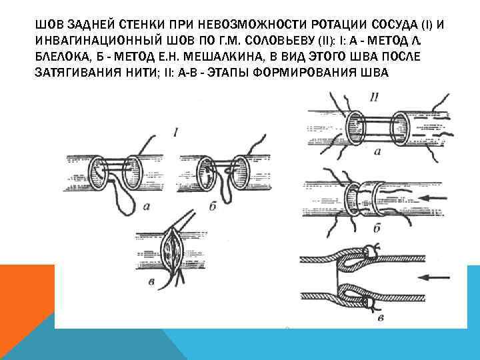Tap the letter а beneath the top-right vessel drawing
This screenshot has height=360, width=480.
(378, 152)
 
